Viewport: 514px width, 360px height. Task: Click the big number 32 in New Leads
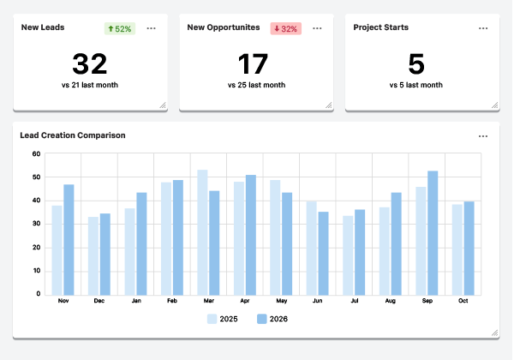[90, 64]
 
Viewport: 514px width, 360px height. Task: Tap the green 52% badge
[119, 28]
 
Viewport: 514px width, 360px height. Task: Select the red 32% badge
[285, 28]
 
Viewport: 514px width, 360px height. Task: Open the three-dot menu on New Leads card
[152, 28]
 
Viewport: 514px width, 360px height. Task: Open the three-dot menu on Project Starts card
[484, 28]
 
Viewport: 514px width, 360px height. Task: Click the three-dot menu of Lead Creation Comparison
[484, 136]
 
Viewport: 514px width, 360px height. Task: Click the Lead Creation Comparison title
[73, 135]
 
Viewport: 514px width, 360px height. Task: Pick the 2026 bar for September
[433, 232]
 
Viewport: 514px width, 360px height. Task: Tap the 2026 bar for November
[69, 239]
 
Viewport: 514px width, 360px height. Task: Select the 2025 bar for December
[93, 255]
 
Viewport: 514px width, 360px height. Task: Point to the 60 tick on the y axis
[36, 154]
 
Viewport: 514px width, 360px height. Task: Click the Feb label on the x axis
[172, 301]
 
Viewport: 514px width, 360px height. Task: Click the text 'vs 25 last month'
[256, 86]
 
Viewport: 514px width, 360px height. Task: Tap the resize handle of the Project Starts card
[494, 105]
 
